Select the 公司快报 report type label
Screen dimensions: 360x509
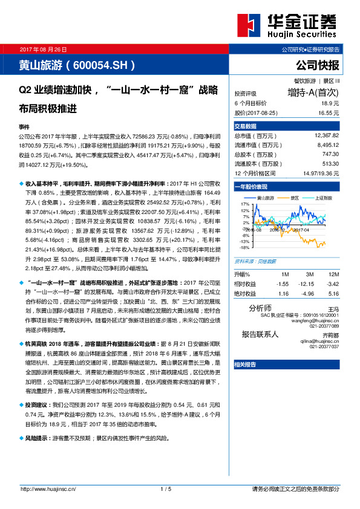(x=318, y=65)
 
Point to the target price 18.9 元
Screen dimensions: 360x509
(x=329, y=104)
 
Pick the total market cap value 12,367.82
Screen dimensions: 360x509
(x=327, y=137)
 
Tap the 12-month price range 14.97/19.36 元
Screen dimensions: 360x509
(x=321, y=173)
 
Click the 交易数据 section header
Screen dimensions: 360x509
(x=246, y=126)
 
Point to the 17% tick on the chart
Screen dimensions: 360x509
(x=244, y=205)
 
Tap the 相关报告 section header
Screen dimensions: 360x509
(x=245, y=364)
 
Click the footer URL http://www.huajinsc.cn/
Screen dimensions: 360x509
(x=47, y=489)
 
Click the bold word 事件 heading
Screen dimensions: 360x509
(x=25, y=128)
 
